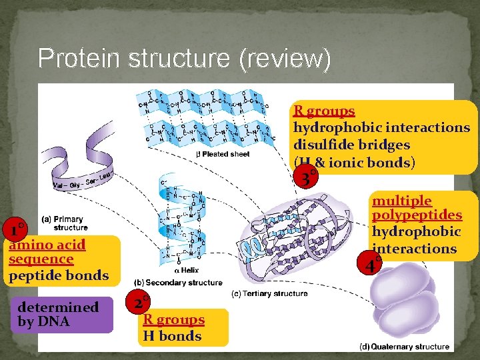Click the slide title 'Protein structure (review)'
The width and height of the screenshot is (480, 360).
(184, 59)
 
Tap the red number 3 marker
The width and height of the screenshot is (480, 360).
(305, 179)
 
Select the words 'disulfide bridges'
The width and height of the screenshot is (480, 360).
(351, 145)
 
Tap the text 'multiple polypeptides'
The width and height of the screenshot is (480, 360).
(416, 207)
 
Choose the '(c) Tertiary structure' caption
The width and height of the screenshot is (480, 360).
(269, 293)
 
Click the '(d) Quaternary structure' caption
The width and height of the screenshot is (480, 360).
(404, 346)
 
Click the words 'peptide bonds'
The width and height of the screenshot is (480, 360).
(59, 275)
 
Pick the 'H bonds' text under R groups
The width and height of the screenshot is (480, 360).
(172, 336)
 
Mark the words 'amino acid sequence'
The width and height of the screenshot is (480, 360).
(47, 251)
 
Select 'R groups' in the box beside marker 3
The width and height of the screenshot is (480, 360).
(324, 111)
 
